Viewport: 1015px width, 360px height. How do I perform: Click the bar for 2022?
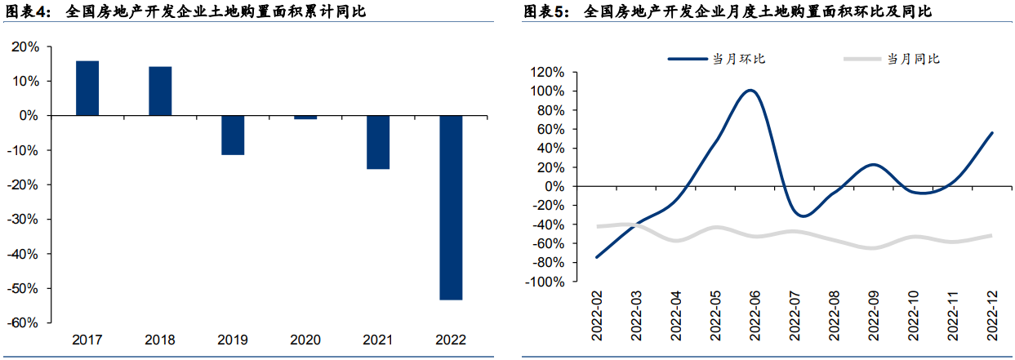(451, 207)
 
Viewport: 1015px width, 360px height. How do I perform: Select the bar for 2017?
(87, 88)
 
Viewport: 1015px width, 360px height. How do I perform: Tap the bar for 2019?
(233, 135)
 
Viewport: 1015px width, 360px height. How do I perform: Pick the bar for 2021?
(378, 142)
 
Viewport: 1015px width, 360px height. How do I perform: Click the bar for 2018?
(160, 91)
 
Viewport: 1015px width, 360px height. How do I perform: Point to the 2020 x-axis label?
(305, 339)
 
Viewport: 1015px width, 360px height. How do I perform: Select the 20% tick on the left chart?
(28, 47)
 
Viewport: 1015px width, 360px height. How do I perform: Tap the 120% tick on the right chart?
(547, 72)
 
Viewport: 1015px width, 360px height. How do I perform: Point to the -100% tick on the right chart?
(545, 282)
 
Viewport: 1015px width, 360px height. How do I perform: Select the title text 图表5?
(541, 12)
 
